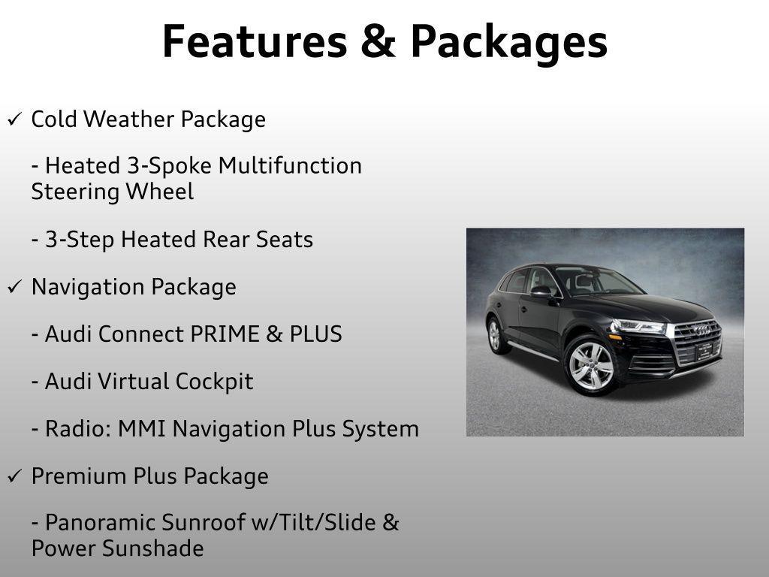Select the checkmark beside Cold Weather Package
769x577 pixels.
(14, 119)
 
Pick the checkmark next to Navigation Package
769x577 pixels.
(14, 287)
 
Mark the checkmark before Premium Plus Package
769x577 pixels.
(14, 476)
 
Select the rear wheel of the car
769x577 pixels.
(495, 334)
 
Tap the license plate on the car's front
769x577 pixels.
(704, 351)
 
